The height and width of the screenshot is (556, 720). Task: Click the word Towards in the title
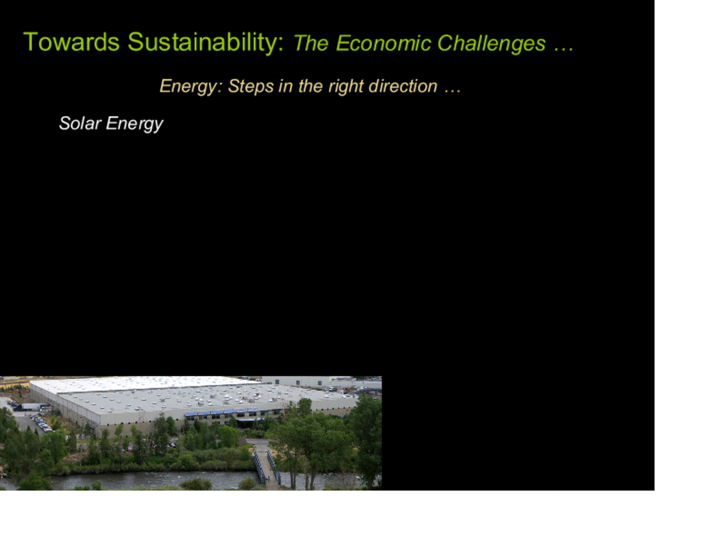[x=71, y=42]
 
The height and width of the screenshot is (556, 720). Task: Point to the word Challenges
[x=491, y=44]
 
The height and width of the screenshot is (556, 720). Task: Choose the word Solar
[x=80, y=123]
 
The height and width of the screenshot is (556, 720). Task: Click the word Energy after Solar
[x=135, y=124]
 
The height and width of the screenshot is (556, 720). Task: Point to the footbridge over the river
[x=267, y=466]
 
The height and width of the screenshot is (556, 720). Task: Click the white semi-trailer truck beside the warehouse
[x=32, y=406]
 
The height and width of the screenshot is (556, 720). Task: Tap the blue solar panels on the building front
[x=221, y=411]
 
